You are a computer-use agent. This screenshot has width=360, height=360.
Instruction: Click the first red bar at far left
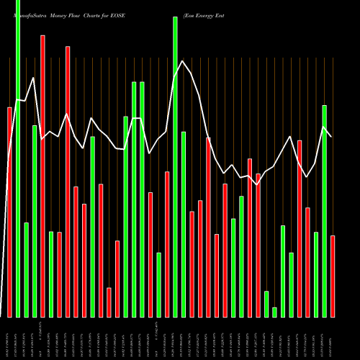tap(9, 212)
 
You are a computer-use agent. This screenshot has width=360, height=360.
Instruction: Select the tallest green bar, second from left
tap(18, 158)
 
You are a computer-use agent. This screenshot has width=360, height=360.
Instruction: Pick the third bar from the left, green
tap(26, 269)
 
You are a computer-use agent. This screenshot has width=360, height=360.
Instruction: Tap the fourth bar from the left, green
tap(35, 221)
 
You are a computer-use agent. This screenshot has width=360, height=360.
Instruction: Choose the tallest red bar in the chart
tap(42, 176)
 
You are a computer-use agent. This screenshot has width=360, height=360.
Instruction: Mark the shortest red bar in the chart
tap(109, 302)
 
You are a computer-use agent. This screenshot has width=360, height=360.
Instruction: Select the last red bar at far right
tap(333, 276)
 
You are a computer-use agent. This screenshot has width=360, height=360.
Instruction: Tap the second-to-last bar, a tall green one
tap(324, 211)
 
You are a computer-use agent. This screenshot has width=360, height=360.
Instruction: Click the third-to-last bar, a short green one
tap(316, 274)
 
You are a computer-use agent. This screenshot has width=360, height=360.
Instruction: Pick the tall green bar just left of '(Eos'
tap(175, 166)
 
